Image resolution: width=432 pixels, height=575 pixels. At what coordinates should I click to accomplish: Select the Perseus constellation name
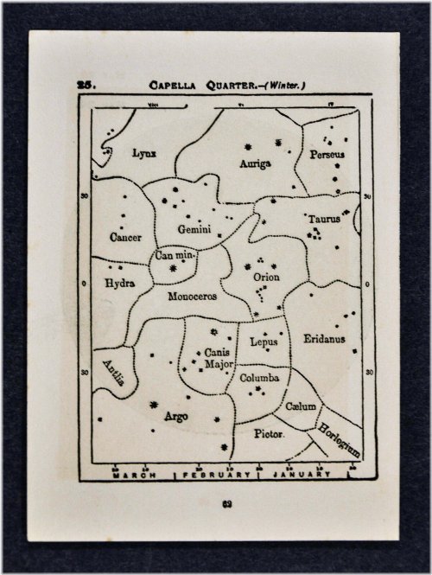pyautogui.click(x=327, y=154)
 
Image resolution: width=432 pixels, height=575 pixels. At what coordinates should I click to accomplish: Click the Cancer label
pyautogui.click(x=126, y=237)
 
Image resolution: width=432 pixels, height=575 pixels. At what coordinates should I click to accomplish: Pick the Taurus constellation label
pyautogui.click(x=324, y=220)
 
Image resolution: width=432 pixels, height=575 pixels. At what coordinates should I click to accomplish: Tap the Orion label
pyautogui.click(x=266, y=278)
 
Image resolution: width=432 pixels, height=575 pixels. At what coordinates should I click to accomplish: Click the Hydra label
pyautogui.click(x=118, y=283)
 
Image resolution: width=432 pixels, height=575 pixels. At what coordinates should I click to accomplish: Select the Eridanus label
pyautogui.click(x=324, y=339)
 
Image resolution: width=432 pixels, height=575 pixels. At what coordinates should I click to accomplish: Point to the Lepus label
pyautogui.click(x=261, y=342)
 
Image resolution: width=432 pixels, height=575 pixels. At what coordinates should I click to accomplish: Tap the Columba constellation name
pyautogui.click(x=260, y=378)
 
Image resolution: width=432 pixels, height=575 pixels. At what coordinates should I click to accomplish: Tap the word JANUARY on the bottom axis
pyautogui.click(x=302, y=475)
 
